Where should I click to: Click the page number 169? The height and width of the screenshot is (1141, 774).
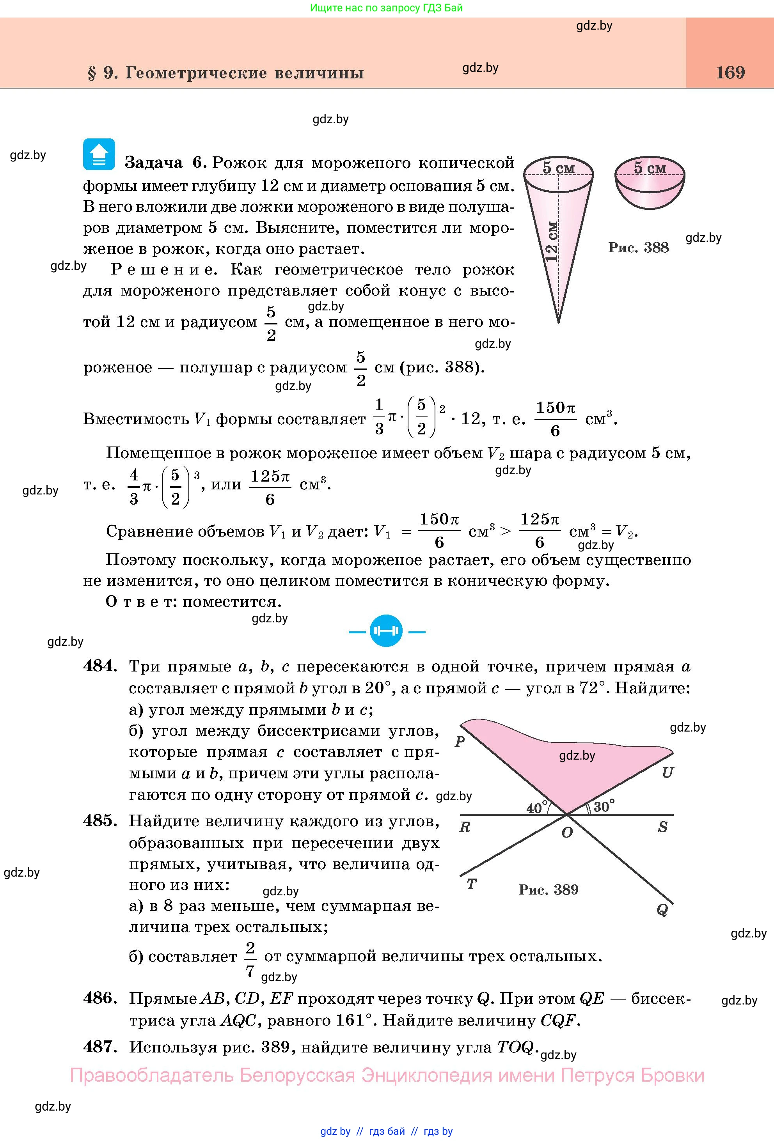(x=730, y=73)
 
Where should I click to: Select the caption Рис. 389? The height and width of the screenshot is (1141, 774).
(x=548, y=889)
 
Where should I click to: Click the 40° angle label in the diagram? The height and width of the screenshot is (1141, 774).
(x=537, y=808)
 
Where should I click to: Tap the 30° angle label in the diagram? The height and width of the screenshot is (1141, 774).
(x=604, y=807)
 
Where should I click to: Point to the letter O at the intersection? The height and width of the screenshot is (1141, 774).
(x=567, y=833)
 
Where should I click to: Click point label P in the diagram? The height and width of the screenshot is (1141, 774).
(x=460, y=741)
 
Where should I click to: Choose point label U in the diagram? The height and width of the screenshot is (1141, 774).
(x=667, y=773)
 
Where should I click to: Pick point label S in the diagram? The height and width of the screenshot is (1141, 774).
(x=662, y=827)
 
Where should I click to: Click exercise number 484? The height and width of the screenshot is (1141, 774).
(x=100, y=666)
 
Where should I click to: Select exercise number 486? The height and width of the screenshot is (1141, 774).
(x=100, y=998)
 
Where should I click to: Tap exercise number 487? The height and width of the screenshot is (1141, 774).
(x=100, y=1046)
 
